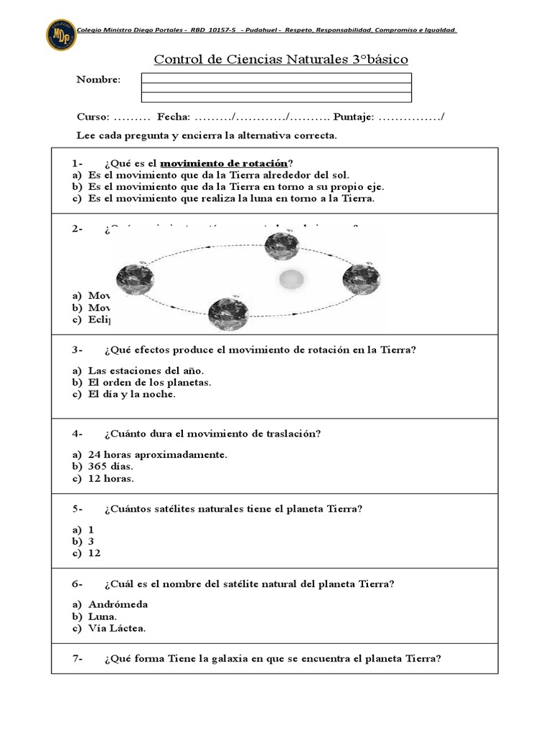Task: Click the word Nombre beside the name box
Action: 98,80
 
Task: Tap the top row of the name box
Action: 276,77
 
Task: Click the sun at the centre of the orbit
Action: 292,277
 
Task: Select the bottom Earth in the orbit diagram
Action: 228,313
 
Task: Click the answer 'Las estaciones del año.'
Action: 146,370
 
